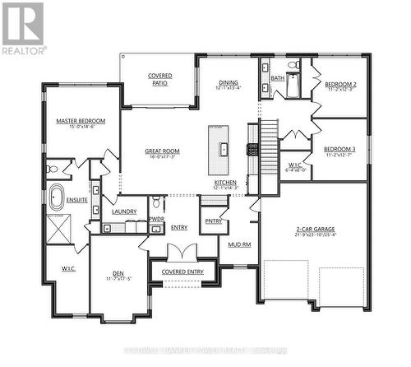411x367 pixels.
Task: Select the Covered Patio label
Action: [x=160, y=79]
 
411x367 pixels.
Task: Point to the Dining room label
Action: [x=228, y=82]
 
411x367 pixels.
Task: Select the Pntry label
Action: [x=214, y=221]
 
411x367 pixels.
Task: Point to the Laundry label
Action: [x=124, y=211]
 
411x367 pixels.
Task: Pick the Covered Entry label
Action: [x=182, y=271]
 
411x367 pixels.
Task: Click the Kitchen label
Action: [x=226, y=183]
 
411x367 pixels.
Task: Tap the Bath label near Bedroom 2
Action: [x=277, y=78]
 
